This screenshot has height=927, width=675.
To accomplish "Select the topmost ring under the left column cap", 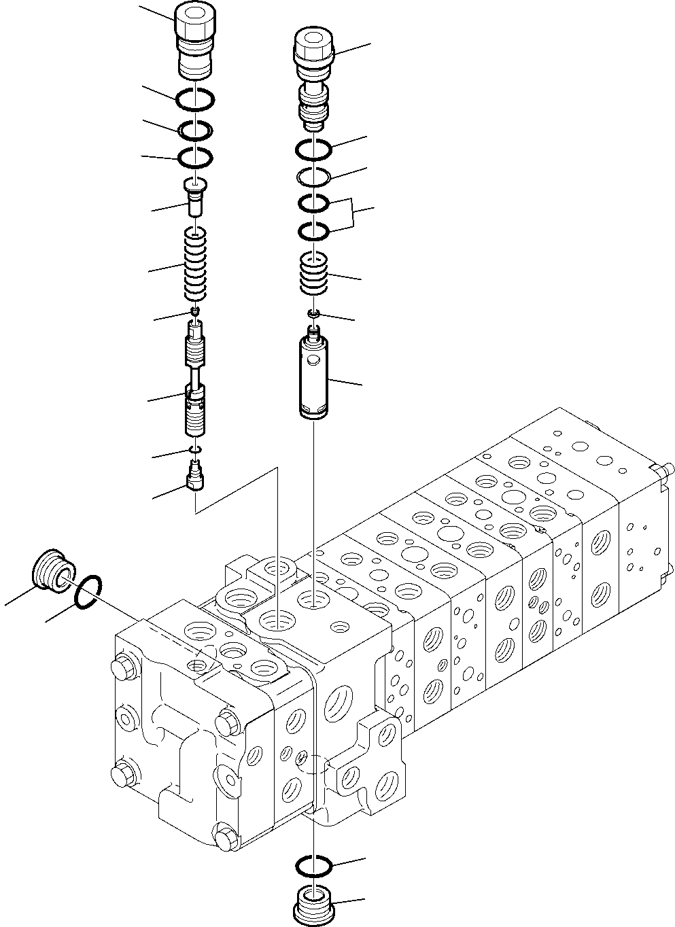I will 196,100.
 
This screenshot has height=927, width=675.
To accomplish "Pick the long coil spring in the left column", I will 196,264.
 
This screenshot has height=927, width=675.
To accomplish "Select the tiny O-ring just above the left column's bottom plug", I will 196,449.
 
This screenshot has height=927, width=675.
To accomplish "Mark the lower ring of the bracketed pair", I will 313,232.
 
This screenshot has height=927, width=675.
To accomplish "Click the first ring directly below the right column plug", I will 313,148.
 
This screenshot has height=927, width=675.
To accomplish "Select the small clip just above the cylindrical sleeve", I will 313,313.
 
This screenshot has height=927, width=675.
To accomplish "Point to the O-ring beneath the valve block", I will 313,866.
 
